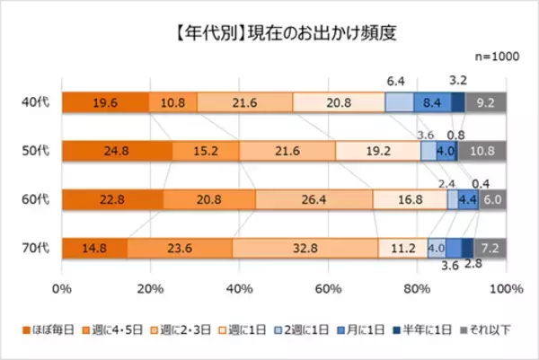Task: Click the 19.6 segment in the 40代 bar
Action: pos(105,102)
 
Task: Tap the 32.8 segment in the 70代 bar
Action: pos(305,248)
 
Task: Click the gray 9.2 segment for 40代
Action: pos(486,102)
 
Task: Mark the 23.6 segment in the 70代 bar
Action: pos(180,248)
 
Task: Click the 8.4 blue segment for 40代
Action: pos(432,102)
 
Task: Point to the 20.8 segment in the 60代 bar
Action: pos(209,199)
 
